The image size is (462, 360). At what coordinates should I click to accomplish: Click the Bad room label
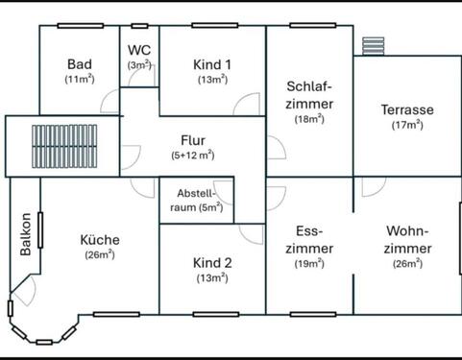(x=79, y=63)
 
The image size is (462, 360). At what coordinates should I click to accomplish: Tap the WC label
(x=140, y=49)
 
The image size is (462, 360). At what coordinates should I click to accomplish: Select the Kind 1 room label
(x=212, y=64)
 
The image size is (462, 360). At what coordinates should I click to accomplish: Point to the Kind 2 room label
(x=212, y=262)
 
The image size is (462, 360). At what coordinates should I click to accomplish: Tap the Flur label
(x=193, y=139)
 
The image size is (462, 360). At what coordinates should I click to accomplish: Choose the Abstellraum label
(x=196, y=199)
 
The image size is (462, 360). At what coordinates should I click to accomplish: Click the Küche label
(x=99, y=239)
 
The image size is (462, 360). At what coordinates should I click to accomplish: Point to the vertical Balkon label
(x=26, y=234)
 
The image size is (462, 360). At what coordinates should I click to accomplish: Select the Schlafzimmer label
(x=309, y=94)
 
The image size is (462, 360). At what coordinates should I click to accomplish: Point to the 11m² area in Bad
(x=79, y=79)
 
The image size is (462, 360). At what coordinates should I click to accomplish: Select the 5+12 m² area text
(x=193, y=155)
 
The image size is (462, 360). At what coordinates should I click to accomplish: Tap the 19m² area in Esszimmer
(x=309, y=263)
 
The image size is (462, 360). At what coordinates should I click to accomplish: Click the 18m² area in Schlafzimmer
(x=309, y=119)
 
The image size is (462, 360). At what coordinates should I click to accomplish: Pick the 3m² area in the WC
(x=140, y=64)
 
